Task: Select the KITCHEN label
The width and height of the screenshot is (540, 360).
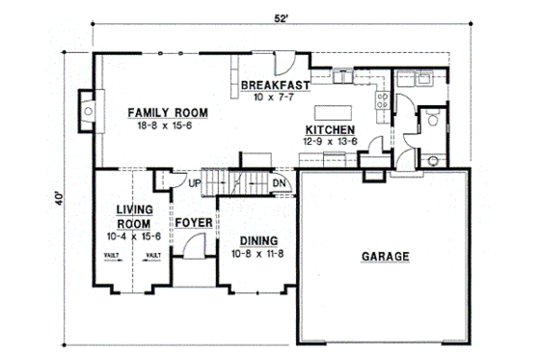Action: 330,128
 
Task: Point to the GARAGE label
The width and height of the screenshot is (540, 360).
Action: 386,257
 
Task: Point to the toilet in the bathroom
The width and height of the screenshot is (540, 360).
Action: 434,121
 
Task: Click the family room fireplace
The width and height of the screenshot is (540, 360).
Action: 88,112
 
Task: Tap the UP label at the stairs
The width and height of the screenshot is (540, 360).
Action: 194,183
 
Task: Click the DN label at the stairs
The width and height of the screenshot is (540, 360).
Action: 278,183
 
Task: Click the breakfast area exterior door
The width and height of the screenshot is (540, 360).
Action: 283,67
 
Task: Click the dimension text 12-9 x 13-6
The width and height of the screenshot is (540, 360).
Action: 330,140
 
